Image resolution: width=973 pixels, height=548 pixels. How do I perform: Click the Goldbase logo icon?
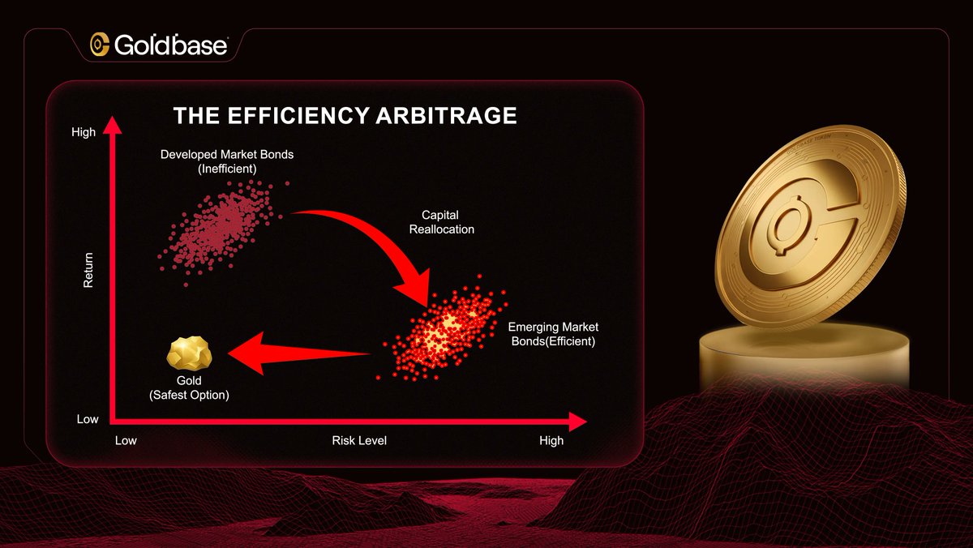point(100,45)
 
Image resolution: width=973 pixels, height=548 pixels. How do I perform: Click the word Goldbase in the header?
point(170,45)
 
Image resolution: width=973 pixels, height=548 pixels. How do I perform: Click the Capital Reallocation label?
point(441,222)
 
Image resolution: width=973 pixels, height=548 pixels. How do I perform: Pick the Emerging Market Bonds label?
point(553,334)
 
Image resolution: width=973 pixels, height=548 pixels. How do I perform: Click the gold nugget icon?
point(189,354)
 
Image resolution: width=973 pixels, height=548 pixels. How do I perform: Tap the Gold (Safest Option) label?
point(189,387)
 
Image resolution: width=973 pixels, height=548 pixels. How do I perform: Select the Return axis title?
point(88,269)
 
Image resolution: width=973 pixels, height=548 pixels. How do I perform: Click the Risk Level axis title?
point(359,440)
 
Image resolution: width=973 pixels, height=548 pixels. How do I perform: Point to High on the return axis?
point(84,132)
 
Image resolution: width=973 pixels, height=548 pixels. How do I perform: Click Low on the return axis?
point(88,419)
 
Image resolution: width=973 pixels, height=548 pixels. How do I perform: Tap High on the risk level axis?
point(551,440)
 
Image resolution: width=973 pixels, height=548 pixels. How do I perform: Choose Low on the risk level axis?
point(126,440)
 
